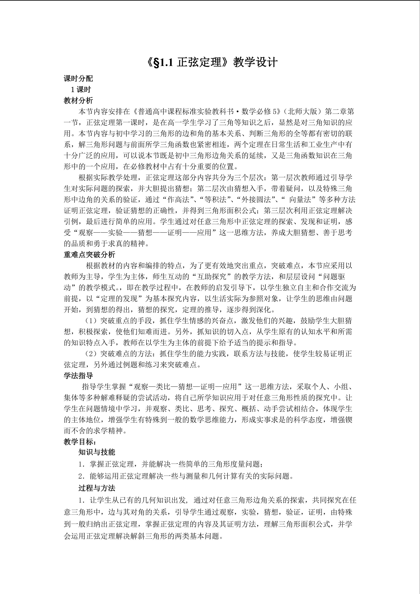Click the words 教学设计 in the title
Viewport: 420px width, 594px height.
[255, 62]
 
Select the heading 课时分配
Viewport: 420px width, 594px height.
[78, 78]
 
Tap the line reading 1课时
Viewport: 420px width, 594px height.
[81, 89]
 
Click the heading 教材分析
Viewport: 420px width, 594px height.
[78, 100]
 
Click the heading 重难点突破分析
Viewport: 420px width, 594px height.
[89, 255]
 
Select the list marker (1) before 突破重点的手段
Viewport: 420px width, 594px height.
[91, 321]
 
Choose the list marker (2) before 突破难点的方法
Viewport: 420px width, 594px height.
[91, 354]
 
